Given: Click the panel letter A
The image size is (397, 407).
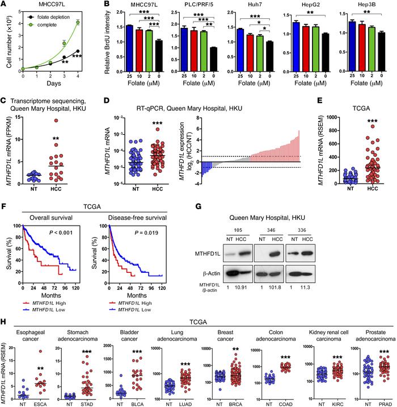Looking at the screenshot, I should click(x=4, y=6).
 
